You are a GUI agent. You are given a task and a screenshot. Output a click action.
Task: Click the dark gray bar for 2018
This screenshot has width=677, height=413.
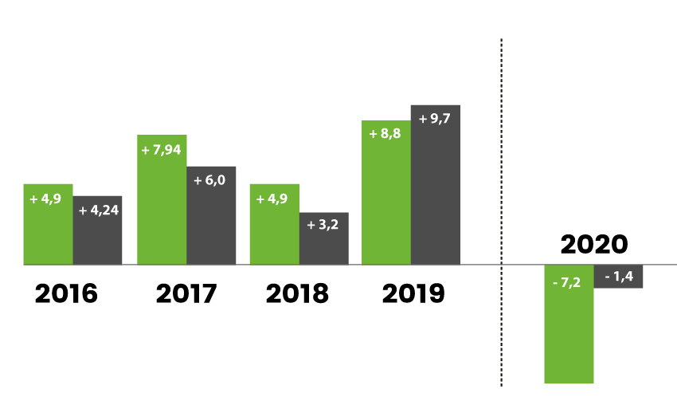tap(324, 243)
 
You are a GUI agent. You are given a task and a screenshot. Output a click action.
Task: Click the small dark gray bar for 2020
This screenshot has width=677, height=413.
tap(619, 276)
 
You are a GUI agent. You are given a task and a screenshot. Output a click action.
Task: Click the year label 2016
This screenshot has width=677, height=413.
tap(66, 293)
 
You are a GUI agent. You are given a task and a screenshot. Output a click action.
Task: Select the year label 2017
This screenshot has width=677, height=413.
tap(186, 293)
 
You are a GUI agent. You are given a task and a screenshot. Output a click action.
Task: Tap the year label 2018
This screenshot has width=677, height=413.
tap(297, 293)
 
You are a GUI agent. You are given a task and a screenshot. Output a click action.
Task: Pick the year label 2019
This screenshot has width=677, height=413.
tap(413, 293)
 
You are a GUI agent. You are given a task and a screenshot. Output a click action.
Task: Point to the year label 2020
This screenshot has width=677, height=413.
tap(594, 244)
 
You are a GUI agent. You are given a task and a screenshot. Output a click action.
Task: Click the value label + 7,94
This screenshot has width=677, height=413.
tap(162, 150)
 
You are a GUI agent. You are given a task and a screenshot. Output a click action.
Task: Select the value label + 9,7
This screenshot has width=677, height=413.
tap(435, 120)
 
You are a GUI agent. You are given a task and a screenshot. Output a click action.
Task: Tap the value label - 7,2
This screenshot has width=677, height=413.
tap(569, 282)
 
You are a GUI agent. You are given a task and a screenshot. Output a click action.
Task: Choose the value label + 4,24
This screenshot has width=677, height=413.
tap(98, 211)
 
